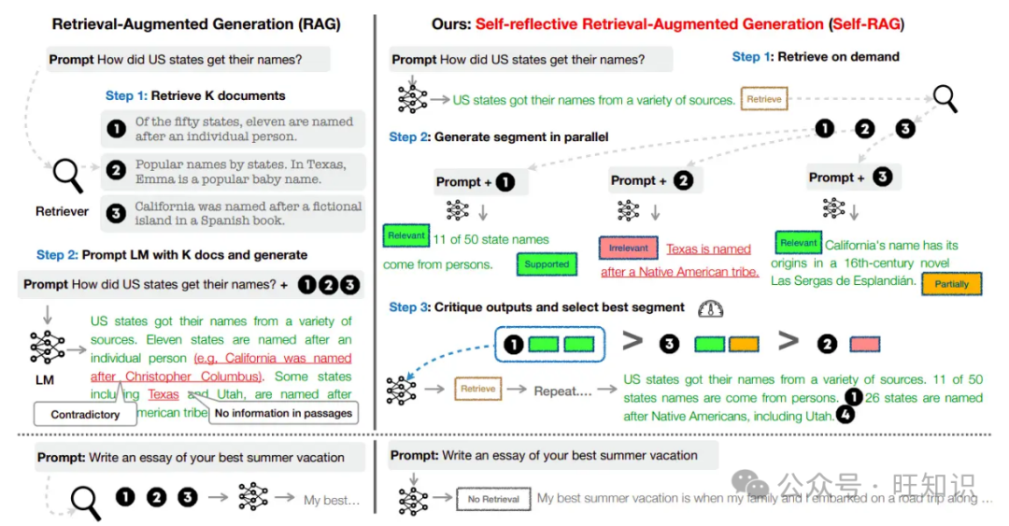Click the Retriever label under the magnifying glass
(x=63, y=211)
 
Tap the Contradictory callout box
(x=85, y=414)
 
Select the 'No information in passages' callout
(x=283, y=413)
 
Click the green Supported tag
(x=547, y=264)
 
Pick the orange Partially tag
(x=951, y=284)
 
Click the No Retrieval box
(x=493, y=499)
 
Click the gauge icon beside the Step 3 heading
(x=710, y=307)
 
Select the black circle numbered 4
(x=846, y=416)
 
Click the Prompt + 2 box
(x=652, y=180)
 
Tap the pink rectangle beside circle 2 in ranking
(x=864, y=344)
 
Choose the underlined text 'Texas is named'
(x=708, y=249)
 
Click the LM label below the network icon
(x=44, y=380)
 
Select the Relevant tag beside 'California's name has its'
(x=798, y=243)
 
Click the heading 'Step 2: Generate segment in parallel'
(x=499, y=136)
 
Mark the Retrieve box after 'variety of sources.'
(x=764, y=99)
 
